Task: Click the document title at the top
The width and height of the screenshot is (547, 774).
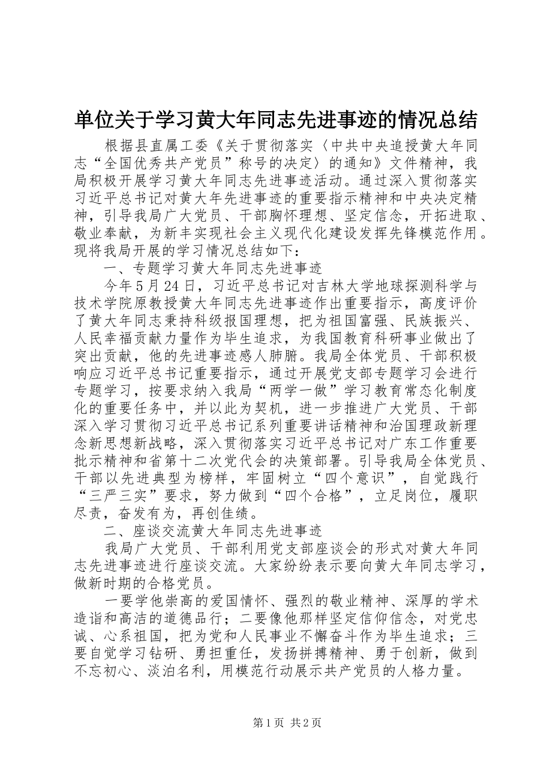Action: tap(276, 120)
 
